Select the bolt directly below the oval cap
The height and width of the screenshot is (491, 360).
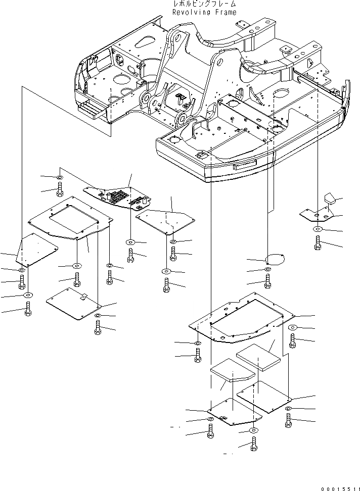pos(267,281)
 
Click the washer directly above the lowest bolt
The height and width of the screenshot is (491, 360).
pos(253,430)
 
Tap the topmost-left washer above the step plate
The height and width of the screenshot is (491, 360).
pos(59,178)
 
